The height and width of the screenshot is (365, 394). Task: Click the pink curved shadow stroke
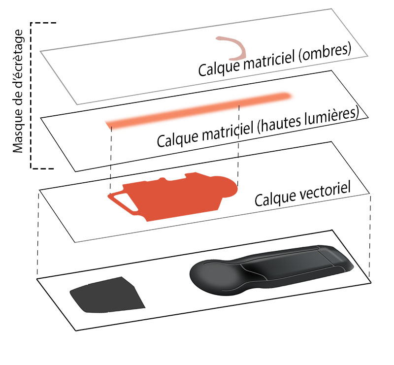(235, 48)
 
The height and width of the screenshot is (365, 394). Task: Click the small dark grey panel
(106, 295)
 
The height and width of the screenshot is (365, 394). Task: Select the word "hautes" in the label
(277, 121)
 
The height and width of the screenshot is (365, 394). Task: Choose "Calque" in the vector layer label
(272, 199)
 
